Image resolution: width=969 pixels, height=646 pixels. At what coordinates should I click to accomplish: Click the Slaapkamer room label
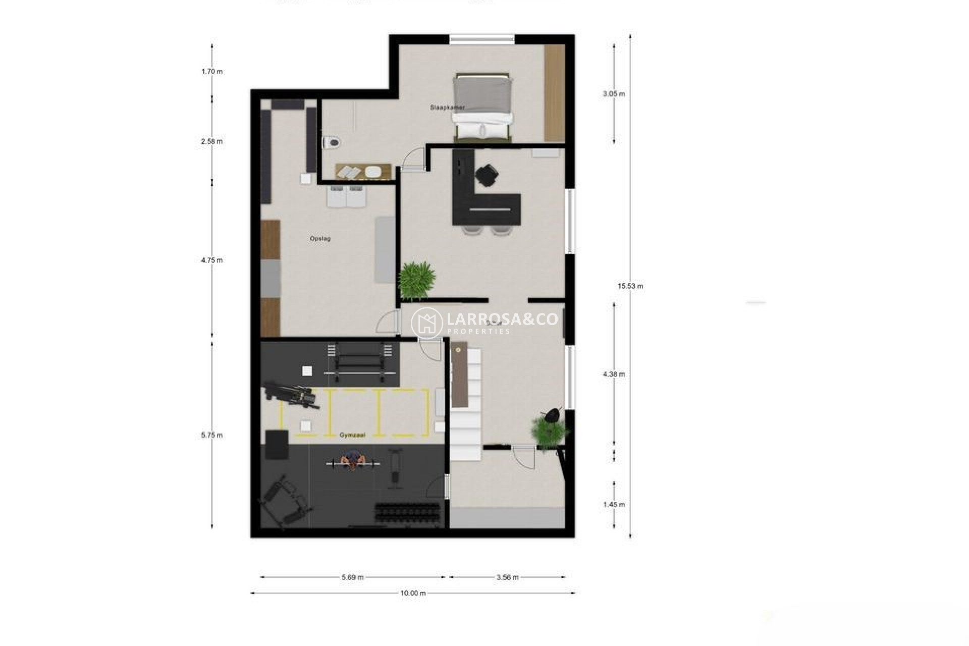(447, 107)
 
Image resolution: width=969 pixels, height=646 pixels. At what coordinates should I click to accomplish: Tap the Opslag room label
(320, 238)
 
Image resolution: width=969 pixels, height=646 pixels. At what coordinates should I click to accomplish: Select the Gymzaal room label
(352, 435)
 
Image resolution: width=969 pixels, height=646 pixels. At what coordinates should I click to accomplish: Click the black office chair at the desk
(487, 175)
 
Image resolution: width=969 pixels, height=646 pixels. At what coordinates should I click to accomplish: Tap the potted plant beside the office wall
(417, 280)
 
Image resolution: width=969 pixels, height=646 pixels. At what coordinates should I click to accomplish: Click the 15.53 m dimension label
(630, 286)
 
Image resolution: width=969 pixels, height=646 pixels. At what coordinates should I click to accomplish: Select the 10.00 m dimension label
(413, 593)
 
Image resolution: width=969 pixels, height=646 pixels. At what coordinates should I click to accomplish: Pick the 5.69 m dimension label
(352, 577)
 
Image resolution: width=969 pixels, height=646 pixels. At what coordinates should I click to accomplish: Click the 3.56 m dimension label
(507, 577)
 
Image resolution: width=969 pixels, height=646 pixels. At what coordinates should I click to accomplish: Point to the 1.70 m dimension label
(212, 72)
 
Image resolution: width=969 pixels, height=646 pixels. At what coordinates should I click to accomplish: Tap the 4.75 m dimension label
(212, 260)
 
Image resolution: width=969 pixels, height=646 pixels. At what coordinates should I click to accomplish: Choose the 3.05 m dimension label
(614, 94)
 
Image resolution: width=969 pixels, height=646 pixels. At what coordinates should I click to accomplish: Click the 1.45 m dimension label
(614, 505)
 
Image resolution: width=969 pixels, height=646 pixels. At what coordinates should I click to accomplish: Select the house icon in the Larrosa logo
(427, 323)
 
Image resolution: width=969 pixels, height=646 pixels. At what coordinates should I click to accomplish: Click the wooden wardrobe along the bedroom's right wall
(554, 93)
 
